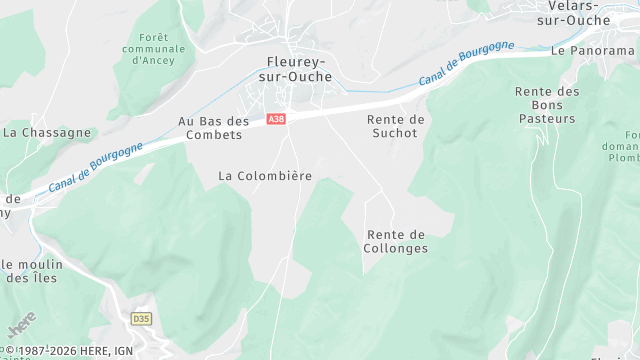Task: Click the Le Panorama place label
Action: click(593, 49)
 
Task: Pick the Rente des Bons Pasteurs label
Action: click(547, 105)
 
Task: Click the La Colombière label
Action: click(265, 176)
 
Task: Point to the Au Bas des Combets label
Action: click(214, 128)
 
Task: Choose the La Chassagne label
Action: click(47, 132)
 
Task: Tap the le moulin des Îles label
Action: click(33, 271)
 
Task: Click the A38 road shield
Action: click(277, 119)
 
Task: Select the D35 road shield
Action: click(141, 318)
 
